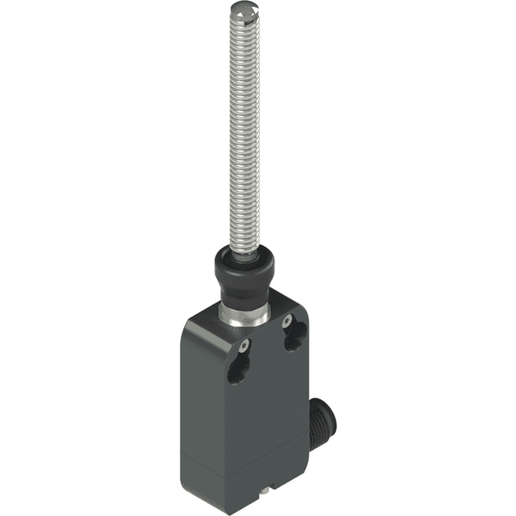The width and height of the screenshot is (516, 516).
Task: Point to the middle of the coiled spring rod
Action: (243, 129)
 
